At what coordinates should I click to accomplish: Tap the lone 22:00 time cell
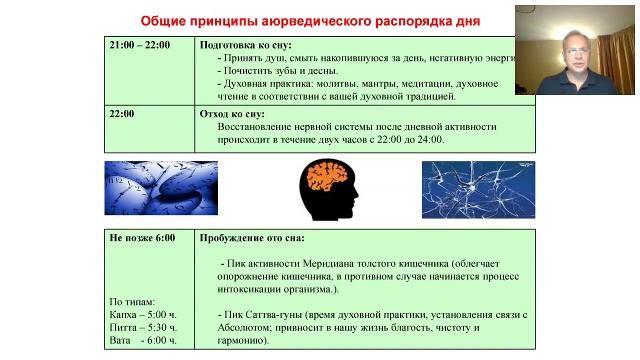click(x=122, y=114)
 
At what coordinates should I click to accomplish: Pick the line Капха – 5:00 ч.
click(x=143, y=314)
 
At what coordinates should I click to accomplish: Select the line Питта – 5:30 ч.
click(x=143, y=327)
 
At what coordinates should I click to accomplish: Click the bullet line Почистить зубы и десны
click(x=283, y=71)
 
